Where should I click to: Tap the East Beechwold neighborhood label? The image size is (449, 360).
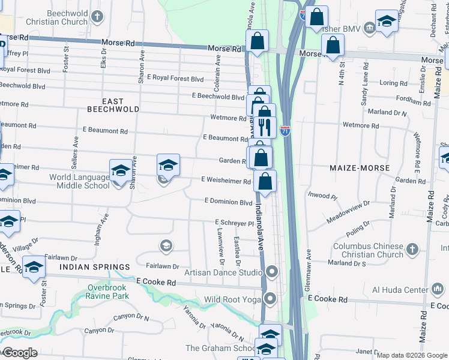pos(113,106)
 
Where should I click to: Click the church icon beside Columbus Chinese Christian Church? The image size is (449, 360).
pos(412,248)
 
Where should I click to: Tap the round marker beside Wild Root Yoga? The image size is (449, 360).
pos(271,298)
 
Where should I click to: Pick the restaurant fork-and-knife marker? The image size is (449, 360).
pos(264,127)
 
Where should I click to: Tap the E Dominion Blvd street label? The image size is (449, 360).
pos(228,202)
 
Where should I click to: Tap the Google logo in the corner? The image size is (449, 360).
pos(20,353)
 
